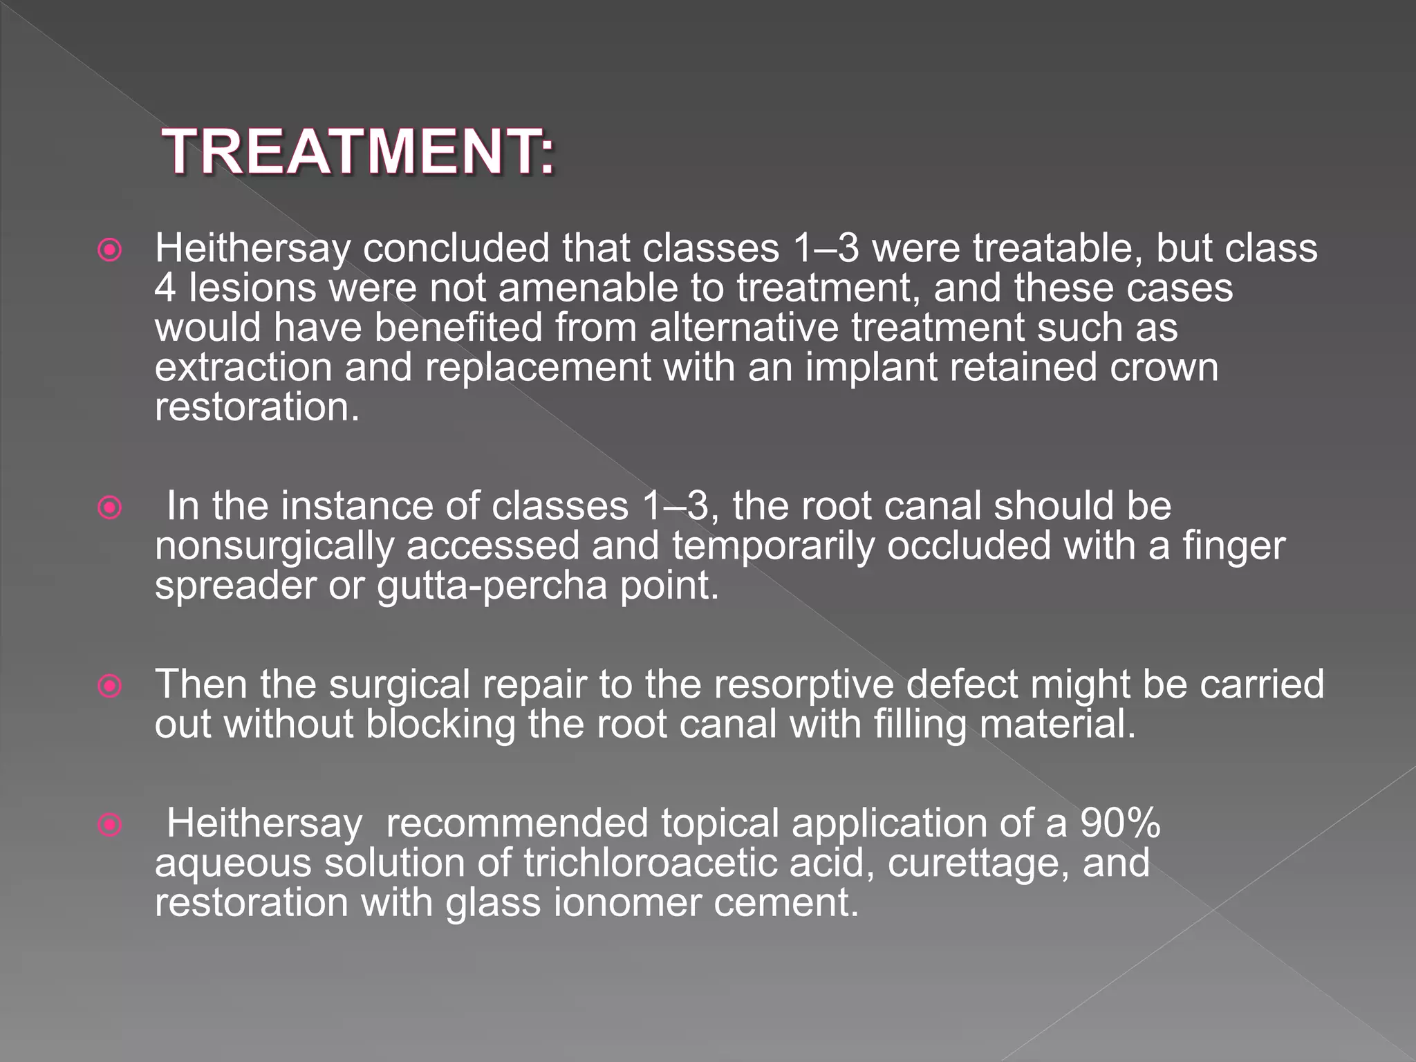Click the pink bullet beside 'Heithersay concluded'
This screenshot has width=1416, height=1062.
pyautogui.click(x=110, y=250)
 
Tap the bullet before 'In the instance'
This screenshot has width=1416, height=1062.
pyautogui.click(x=110, y=509)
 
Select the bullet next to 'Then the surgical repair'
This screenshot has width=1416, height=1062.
pyautogui.click(x=110, y=686)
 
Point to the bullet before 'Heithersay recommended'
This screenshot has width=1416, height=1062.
pyautogui.click(x=110, y=825)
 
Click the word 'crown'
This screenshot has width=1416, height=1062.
pyautogui.click(x=1164, y=367)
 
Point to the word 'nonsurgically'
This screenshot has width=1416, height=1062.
pyautogui.click(x=274, y=546)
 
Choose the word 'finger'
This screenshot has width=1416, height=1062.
pyautogui.click(x=1233, y=546)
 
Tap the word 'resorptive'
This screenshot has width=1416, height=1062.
pyautogui.click(x=803, y=684)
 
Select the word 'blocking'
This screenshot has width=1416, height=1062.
pyautogui.click(x=440, y=725)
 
